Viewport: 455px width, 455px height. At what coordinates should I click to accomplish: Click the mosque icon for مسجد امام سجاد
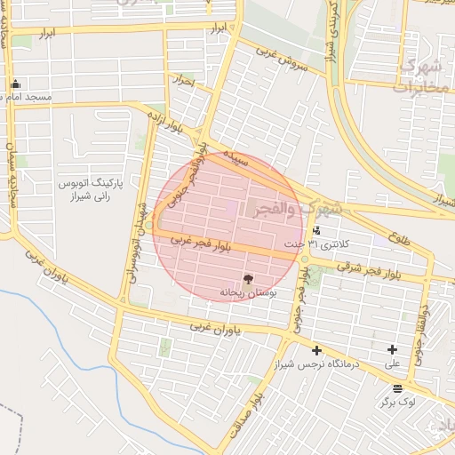point(15,85)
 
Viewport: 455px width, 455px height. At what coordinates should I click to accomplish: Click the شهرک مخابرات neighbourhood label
point(420,76)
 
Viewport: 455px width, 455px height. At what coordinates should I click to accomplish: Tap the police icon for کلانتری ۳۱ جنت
point(317,230)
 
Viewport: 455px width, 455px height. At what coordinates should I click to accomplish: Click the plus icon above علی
point(391,350)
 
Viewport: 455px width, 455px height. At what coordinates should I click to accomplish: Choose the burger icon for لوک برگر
point(396,388)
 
